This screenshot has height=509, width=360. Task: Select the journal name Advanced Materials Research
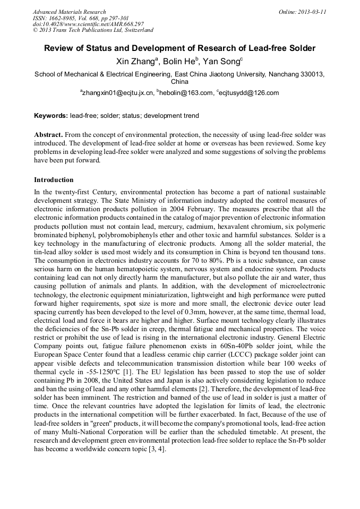click(x=69, y=12)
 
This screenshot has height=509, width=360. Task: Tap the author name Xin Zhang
click(x=135, y=62)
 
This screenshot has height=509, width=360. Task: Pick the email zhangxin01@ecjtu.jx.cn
click(x=117, y=93)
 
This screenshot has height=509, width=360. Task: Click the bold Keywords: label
click(x=51, y=115)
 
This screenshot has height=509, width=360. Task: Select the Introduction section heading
click(x=54, y=180)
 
